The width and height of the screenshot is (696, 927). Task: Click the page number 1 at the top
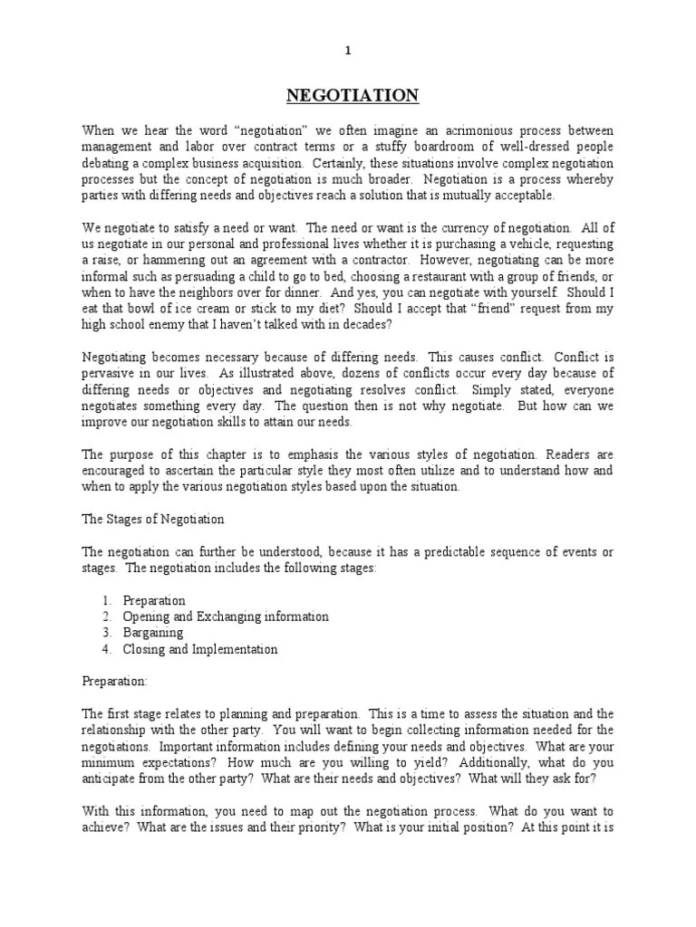click(347, 51)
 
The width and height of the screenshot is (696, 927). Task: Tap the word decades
click(368, 326)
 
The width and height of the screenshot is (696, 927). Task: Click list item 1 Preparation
click(154, 600)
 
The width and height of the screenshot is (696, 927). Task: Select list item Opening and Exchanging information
click(226, 616)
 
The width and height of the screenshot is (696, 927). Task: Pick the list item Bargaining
click(153, 633)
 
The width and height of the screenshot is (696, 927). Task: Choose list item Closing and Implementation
click(200, 649)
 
